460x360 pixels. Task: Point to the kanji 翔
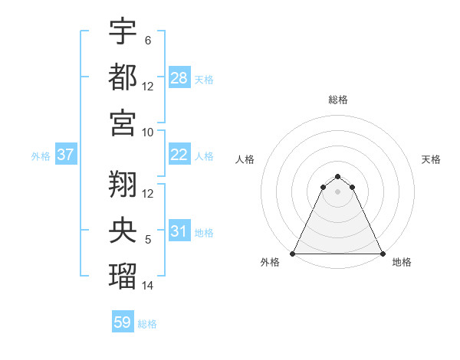pos(123,183)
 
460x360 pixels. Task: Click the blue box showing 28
pos(179,77)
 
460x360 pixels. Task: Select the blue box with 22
pos(179,155)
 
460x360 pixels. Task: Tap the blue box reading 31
pos(179,231)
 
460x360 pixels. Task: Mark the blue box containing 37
pos(66,155)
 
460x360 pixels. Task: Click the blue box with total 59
pos(123,322)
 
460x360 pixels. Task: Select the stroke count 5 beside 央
pos(148,240)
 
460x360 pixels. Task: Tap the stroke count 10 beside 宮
pos(148,132)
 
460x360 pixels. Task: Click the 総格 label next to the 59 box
pos(147,324)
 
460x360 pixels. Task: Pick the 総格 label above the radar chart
pos(338,100)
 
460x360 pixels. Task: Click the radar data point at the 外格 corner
pos(293,254)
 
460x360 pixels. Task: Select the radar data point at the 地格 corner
pos(383,254)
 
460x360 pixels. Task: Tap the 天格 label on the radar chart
pos(432,159)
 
